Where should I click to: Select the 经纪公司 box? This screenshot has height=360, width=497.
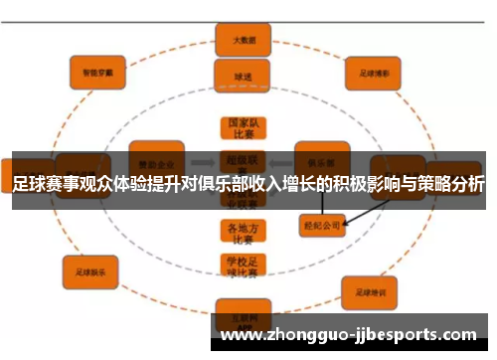click(322, 226)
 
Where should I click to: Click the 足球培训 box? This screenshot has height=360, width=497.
click(371, 290)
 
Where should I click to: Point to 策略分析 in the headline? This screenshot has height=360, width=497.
click(452, 184)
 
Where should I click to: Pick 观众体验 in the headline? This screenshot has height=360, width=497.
click(103, 184)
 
